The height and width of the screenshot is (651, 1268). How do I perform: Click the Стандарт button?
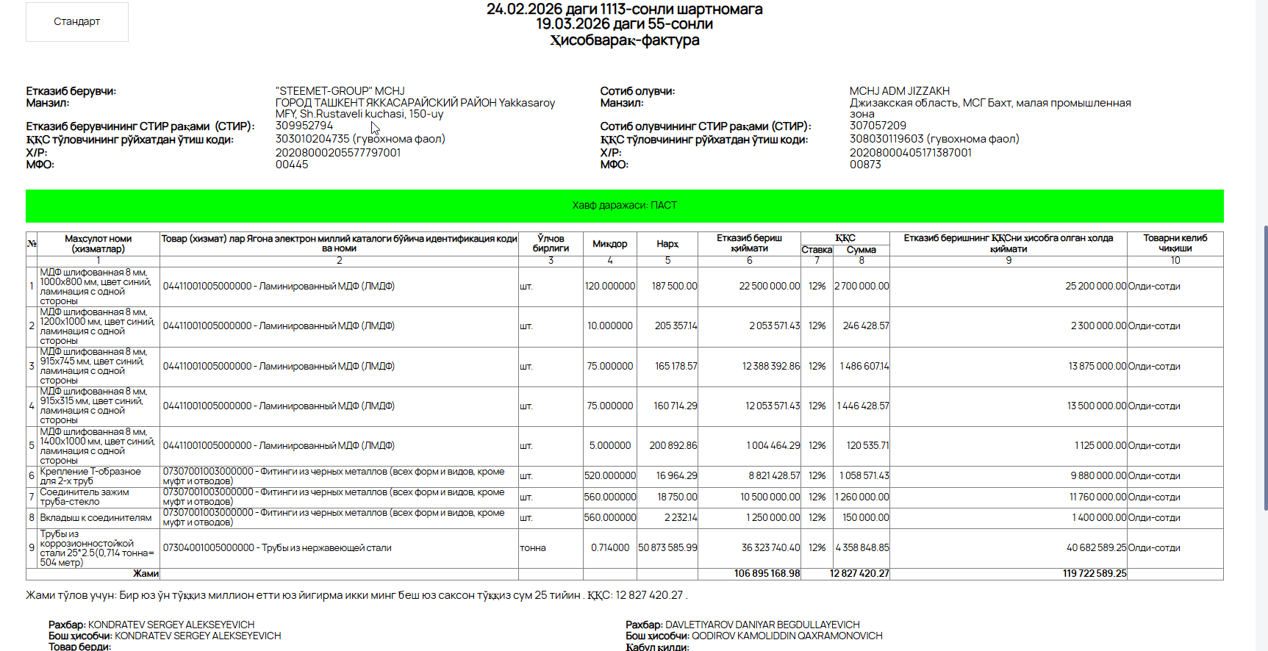click(76, 22)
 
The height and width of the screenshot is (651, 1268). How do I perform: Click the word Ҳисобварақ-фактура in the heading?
click(624, 40)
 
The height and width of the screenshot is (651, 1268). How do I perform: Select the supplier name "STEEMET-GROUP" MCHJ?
click(340, 91)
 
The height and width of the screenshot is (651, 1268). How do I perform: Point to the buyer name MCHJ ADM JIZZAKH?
click(899, 91)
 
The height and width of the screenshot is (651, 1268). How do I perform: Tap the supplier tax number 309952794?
click(304, 126)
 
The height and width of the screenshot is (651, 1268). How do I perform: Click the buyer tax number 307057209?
click(878, 126)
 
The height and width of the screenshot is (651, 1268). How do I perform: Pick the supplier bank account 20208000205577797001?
click(337, 153)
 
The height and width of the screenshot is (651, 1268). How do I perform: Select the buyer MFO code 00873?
click(865, 165)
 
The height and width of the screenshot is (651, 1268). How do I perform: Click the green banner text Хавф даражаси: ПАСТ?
click(624, 206)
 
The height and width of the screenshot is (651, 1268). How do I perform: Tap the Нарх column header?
click(667, 244)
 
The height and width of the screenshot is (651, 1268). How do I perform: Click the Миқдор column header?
click(609, 244)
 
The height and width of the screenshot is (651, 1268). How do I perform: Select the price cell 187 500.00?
click(674, 287)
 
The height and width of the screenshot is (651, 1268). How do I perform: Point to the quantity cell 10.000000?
click(609, 326)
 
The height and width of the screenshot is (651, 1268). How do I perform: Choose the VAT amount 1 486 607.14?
click(864, 366)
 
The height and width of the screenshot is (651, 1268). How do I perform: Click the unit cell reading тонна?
click(533, 548)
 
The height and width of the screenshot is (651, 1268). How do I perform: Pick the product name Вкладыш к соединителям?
click(96, 518)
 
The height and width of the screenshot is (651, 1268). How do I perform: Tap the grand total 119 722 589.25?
click(1094, 574)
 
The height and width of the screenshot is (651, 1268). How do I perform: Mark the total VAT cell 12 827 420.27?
click(859, 574)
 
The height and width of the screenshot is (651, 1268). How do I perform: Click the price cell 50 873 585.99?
click(667, 548)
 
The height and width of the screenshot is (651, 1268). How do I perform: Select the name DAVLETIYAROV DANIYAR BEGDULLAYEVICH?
click(762, 625)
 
